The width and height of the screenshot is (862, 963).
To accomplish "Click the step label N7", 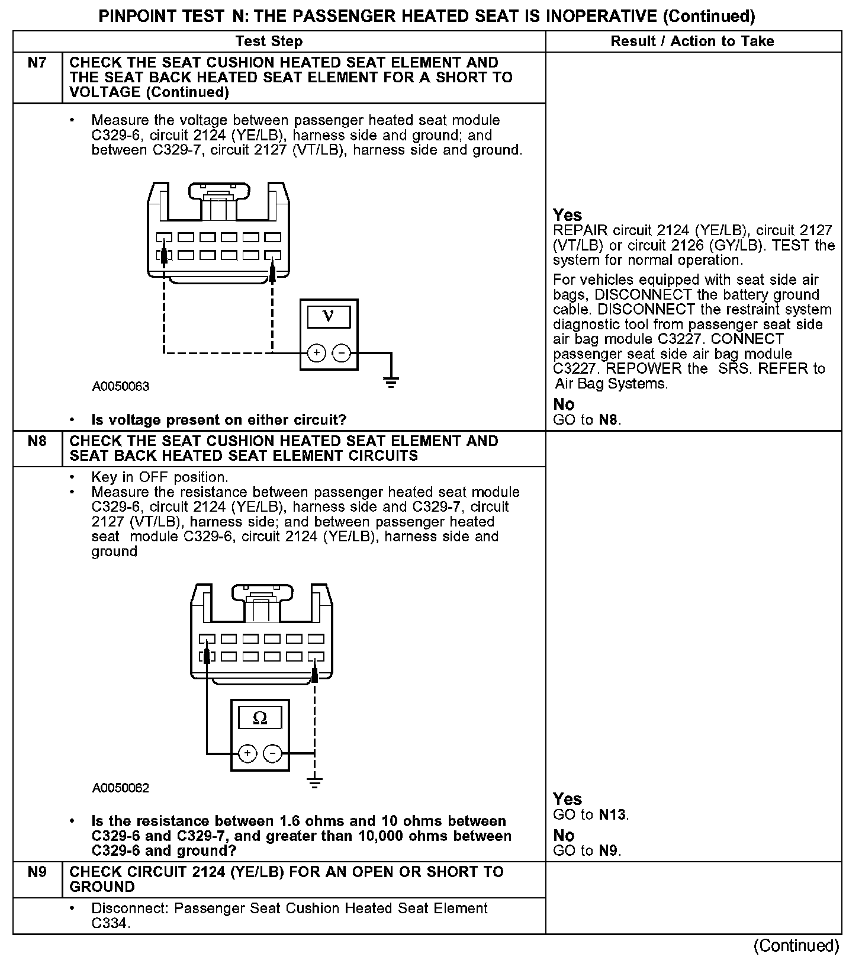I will (37, 63).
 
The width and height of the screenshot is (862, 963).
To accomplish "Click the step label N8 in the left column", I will (37, 441).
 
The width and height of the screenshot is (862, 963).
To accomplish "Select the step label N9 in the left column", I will (37, 872).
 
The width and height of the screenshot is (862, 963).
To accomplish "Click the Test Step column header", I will (269, 41).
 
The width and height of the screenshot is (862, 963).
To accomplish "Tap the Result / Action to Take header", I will (692, 41).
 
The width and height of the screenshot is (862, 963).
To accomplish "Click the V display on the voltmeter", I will (329, 316).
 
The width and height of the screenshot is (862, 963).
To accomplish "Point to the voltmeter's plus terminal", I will (317, 354).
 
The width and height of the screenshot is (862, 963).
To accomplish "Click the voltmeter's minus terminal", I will (342, 354).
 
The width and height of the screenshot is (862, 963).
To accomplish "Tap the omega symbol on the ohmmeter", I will (260, 718).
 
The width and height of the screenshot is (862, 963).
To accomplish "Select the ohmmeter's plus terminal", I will (247, 753).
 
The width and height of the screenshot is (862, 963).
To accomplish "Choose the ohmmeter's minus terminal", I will (272, 753).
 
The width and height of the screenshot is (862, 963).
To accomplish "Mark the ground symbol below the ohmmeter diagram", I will (315, 782).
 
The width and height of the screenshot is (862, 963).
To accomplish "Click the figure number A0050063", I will (121, 387).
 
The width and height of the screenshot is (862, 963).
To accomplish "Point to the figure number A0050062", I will (121, 788).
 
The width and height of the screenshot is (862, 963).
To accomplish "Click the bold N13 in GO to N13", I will (612, 815).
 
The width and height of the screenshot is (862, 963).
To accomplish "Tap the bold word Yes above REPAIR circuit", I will (567, 215).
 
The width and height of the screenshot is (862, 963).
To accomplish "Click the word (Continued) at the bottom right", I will (796, 946).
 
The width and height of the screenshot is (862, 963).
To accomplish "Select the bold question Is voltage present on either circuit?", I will (218, 420).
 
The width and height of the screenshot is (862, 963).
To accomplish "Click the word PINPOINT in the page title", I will (130, 17).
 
